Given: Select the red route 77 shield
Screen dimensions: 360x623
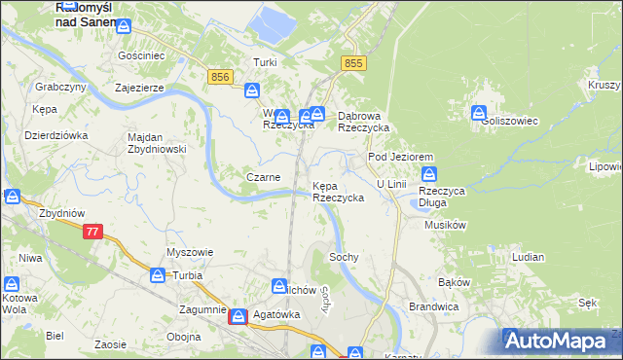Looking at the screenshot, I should click(x=92, y=232).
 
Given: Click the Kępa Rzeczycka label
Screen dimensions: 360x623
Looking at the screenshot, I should click(x=338, y=191).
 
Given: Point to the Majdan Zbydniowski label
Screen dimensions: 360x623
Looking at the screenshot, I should click(x=157, y=143).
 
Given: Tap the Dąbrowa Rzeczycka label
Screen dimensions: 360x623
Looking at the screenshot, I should click(x=363, y=121).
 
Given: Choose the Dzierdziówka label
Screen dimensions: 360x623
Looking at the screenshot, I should click(x=55, y=135).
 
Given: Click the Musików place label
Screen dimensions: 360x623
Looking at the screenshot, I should click(x=447, y=225).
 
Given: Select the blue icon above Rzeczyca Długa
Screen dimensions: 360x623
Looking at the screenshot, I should click(x=429, y=174).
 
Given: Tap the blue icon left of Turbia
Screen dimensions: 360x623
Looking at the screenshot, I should click(x=158, y=275).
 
